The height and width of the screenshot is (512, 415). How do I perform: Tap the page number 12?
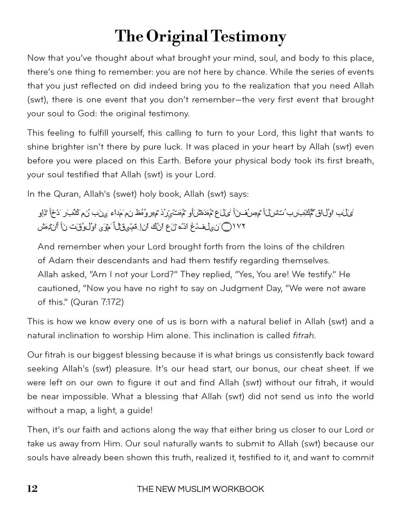pos(32,489)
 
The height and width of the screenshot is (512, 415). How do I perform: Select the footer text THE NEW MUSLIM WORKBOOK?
pos(200,489)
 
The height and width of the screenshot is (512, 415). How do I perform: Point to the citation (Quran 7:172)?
pos(97,302)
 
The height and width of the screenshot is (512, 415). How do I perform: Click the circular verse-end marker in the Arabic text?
pos(226,227)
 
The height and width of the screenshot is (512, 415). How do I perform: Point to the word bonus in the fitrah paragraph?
pos(265,369)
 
